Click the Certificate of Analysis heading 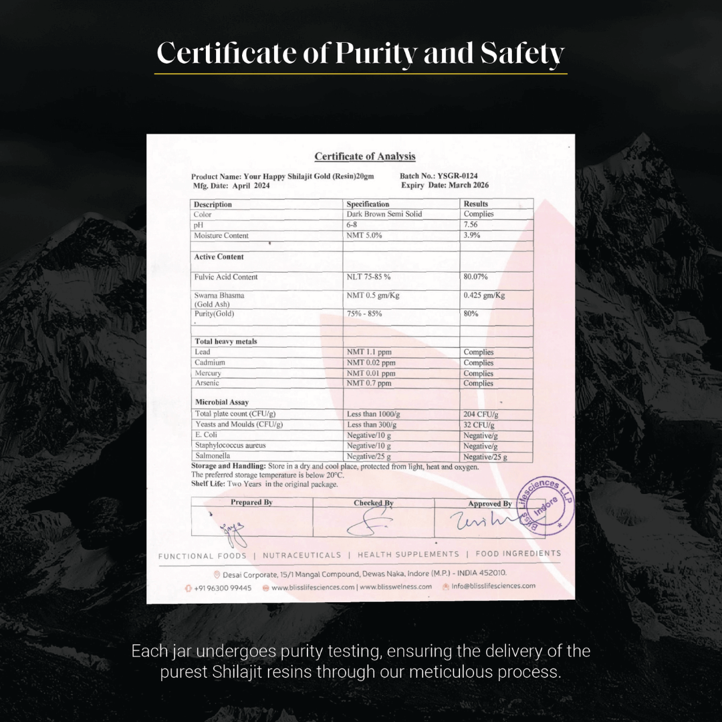(365, 156)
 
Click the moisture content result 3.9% (473, 235)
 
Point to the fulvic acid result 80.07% (475, 277)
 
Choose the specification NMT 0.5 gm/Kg (372, 295)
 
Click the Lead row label (203, 352)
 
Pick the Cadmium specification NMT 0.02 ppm (371, 362)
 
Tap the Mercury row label (208, 373)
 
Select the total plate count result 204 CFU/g (481, 414)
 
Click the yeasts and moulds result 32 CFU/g (479, 425)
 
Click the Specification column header (368, 204)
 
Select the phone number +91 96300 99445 (223, 587)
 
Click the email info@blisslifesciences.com (493, 586)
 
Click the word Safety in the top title (522, 53)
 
